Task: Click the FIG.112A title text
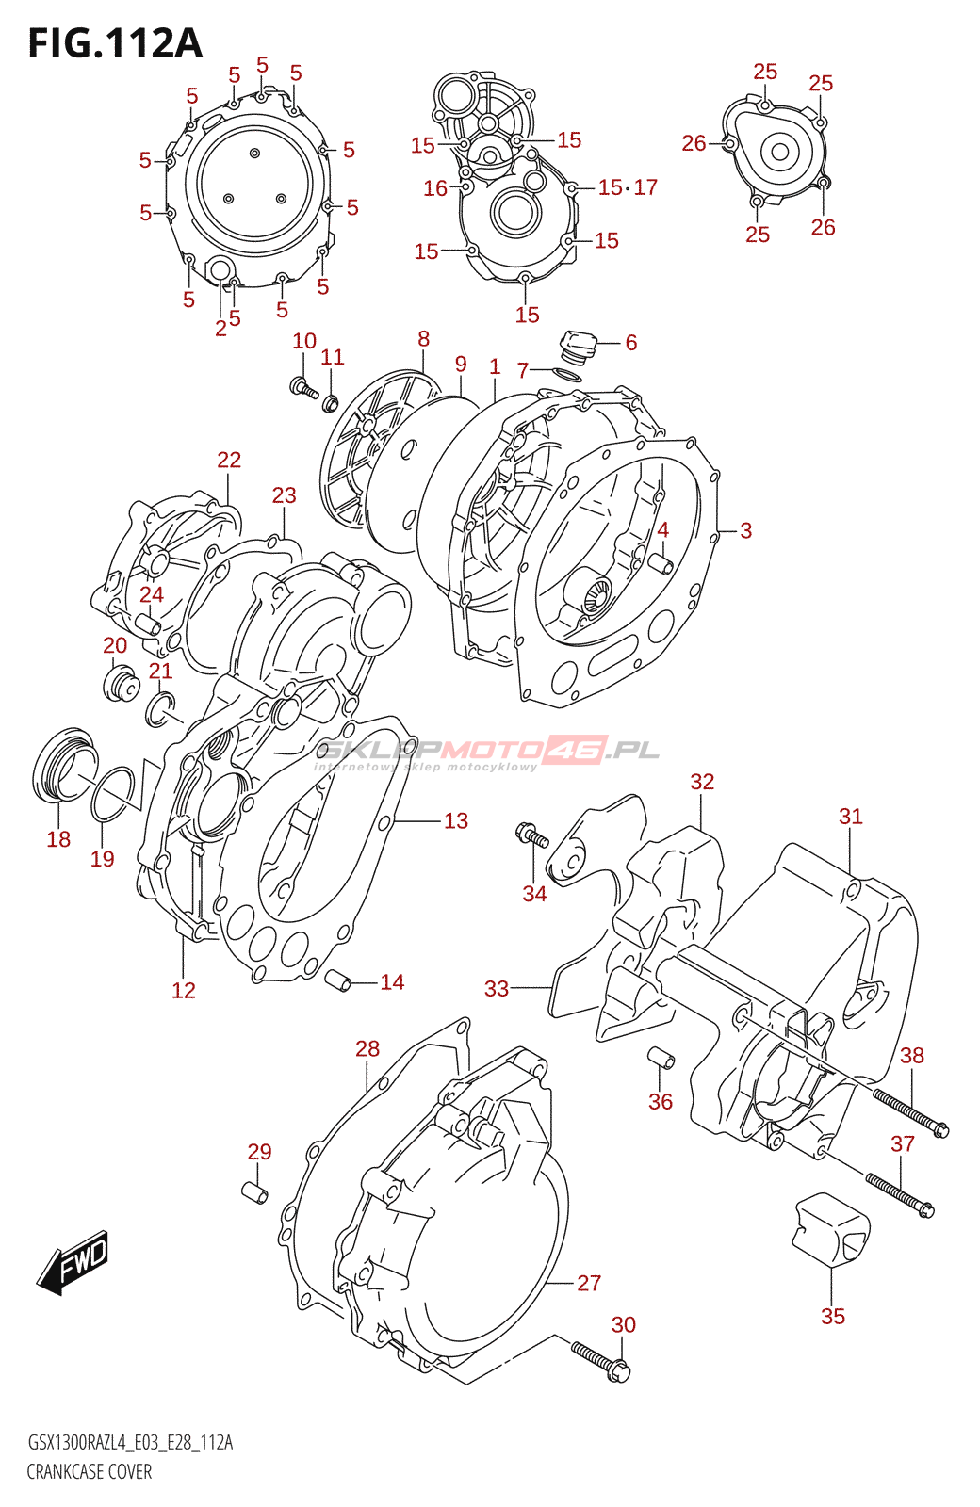[115, 43]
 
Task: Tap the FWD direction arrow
[73, 1263]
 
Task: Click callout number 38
[912, 1055]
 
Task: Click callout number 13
[456, 820]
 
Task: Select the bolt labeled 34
[531, 834]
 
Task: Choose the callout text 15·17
[628, 187]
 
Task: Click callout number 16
[435, 188]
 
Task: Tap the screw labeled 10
[304, 388]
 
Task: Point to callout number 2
[220, 329]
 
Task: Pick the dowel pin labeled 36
[661, 1058]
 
